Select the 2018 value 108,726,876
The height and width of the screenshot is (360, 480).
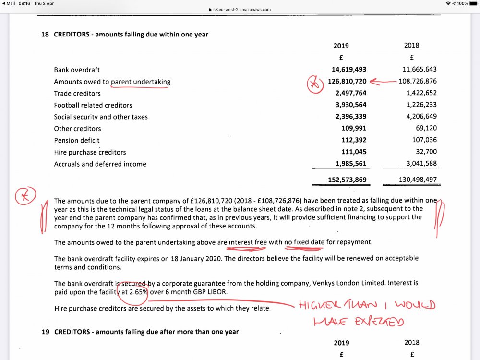pos(418,82)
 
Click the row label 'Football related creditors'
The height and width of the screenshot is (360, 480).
pos(93,105)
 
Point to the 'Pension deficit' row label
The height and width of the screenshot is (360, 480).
pos(77,140)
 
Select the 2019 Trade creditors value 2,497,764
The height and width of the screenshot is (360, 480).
pos(349,93)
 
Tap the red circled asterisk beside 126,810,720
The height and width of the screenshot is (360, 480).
pos(314,85)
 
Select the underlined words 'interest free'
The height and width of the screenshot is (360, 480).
pos(248,242)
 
